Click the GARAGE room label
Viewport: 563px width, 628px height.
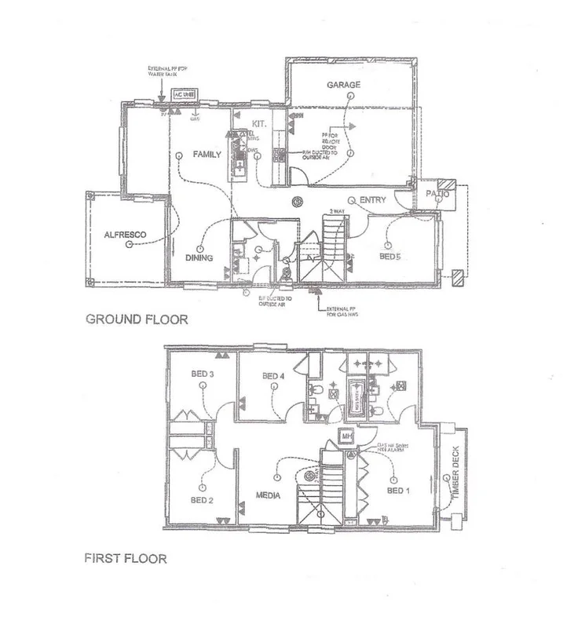pyautogui.click(x=343, y=84)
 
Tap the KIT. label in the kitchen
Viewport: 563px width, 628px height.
pyautogui.click(x=260, y=123)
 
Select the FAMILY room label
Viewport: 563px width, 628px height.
pyautogui.click(x=207, y=155)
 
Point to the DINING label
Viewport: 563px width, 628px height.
pyautogui.click(x=200, y=257)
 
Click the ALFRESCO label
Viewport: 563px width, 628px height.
pyautogui.click(x=121, y=233)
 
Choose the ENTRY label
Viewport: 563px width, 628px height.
pyautogui.click(x=372, y=201)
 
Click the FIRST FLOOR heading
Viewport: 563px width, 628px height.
pyautogui.click(x=126, y=560)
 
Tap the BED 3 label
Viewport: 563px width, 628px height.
pyautogui.click(x=202, y=374)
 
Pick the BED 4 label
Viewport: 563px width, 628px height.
pyautogui.click(x=272, y=374)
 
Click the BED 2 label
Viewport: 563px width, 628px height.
pyautogui.click(x=201, y=500)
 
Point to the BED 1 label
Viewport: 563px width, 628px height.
pyautogui.click(x=398, y=491)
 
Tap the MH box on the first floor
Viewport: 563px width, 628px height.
pyautogui.click(x=345, y=436)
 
